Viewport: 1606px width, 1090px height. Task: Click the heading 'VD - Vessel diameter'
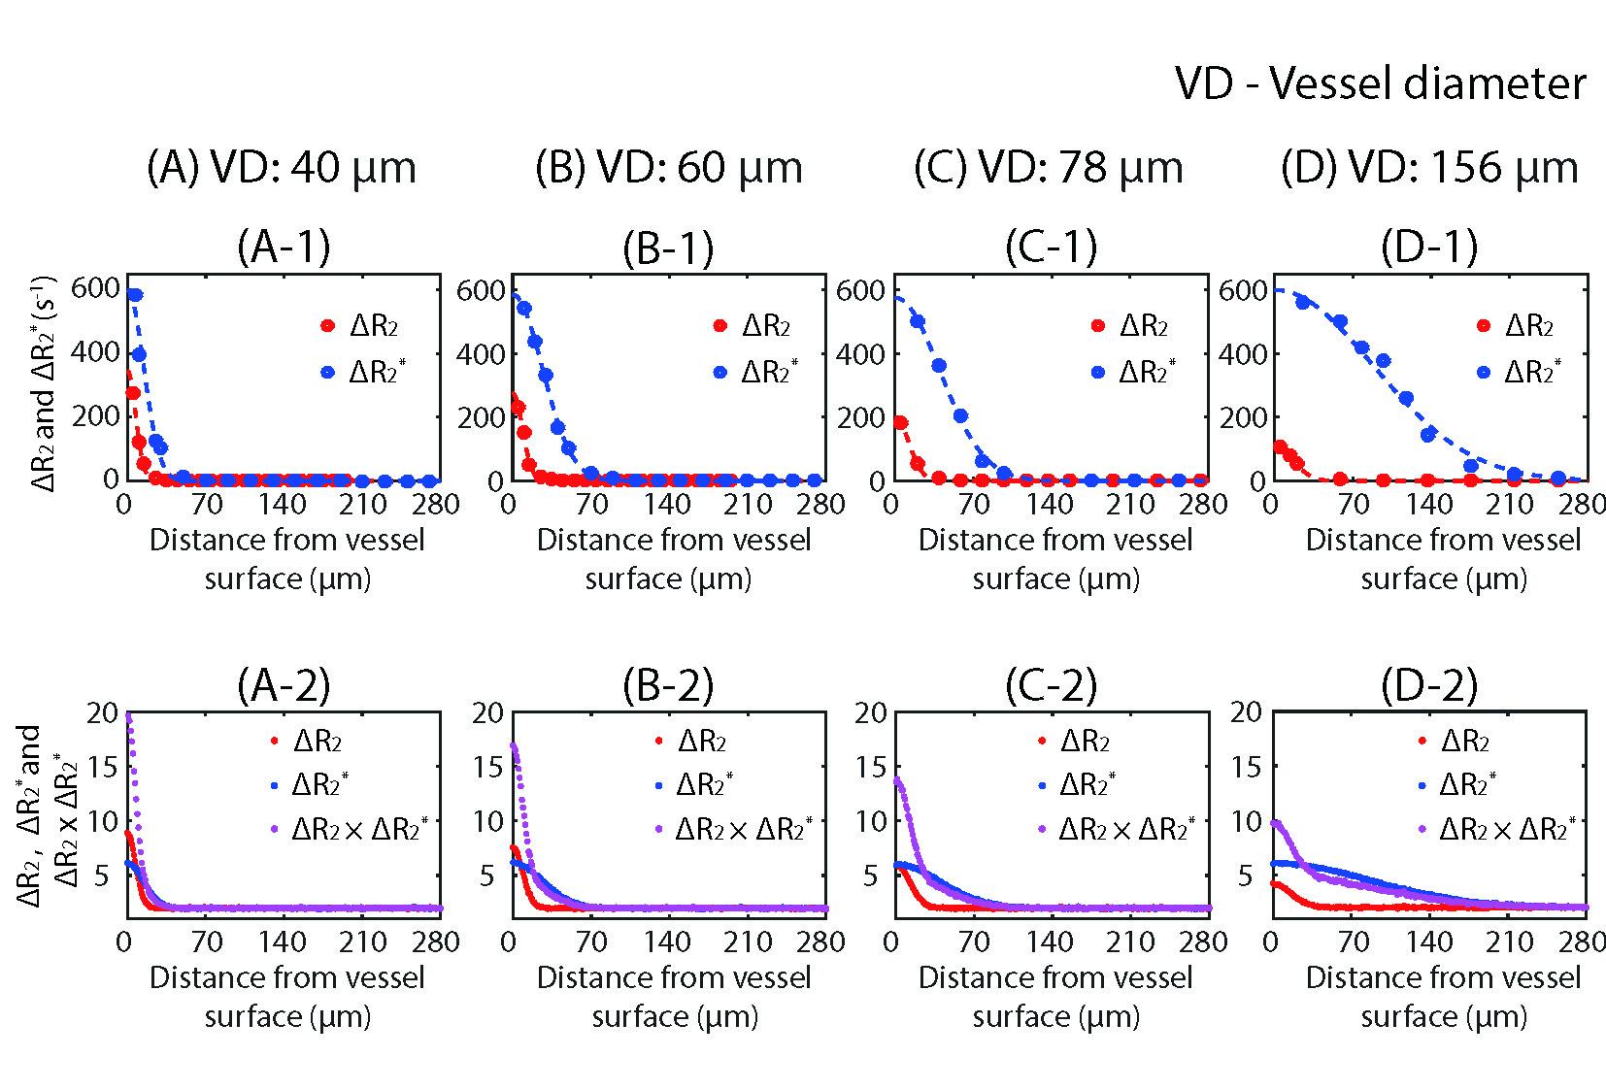[x=1380, y=83]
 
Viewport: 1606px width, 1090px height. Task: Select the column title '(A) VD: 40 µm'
[x=282, y=168]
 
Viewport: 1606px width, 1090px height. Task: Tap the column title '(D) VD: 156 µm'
[x=1429, y=168]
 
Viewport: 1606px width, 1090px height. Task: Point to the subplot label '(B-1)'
[x=668, y=248]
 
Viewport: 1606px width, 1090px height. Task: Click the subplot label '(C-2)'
[x=1051, y=685]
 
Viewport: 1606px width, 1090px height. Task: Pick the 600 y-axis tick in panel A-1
[x=95, y=287]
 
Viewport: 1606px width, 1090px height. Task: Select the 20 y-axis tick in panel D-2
[x=1247, y=712]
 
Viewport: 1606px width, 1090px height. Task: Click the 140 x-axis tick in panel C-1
[x=1050, y=504]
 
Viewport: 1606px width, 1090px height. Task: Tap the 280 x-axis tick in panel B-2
[x=820, y=941]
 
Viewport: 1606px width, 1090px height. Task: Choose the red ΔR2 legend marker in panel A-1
[x=328, y=326]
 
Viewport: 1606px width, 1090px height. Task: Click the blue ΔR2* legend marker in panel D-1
[x=1483, y=372]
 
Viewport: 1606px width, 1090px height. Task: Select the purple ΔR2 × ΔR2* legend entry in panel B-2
[x=735, y=829]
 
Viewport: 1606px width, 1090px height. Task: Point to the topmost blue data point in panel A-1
[x=135, y=295]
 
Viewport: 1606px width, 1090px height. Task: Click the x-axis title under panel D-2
[x=1443, y=997]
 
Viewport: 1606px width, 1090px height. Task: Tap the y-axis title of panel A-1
[x=43, y=383]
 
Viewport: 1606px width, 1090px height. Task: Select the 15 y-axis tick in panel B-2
[x=487, y=767]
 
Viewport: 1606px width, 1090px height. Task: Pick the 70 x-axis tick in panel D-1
[x=1353, y=504]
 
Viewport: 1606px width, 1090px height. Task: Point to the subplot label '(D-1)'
[x=1429, y=248]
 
